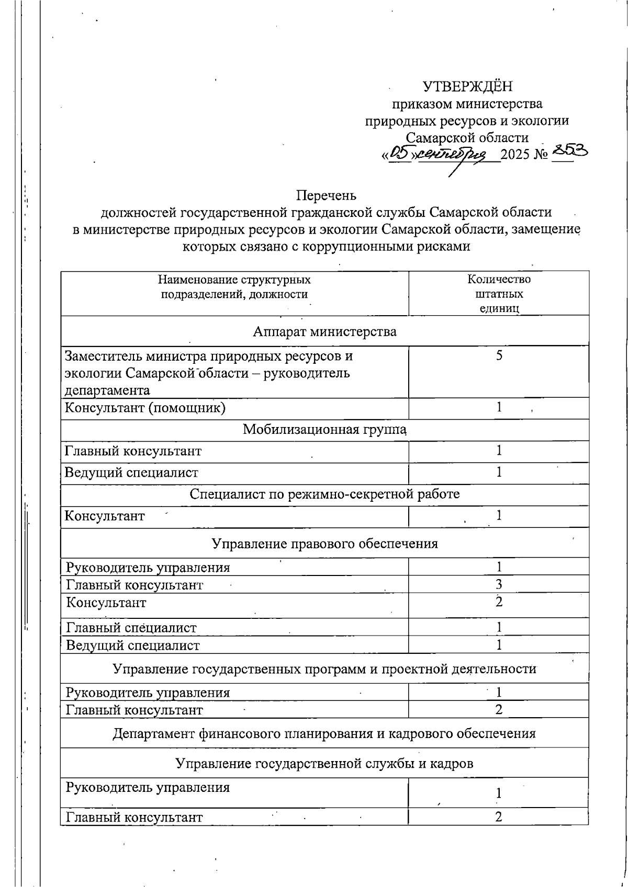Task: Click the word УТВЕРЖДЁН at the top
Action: [x=468, y=86]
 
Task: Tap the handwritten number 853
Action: [x=569, y=152]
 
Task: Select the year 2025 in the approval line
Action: [x=515, y=155]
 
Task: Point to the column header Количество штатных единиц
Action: [x=499, y=293]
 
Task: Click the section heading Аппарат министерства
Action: [x=324, y=331]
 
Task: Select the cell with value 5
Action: [x=499, y=356]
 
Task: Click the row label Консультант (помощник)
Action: [x=145, y=408]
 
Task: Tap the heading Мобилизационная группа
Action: [x=324, y=430]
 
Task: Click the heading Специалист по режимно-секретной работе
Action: [x=324, y=494]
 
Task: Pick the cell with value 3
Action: [x=499, y=584]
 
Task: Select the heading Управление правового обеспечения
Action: [x=324, y=544]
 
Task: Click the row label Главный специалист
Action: [x=131, y=627]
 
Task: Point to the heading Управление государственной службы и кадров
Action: [x=324, y=764]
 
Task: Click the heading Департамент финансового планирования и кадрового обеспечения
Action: [x=324, y=733]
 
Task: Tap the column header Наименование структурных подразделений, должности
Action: [x=234, y=287]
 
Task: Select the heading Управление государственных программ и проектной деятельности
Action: [x=324, y=669]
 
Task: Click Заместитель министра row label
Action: [x=208, y=373]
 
